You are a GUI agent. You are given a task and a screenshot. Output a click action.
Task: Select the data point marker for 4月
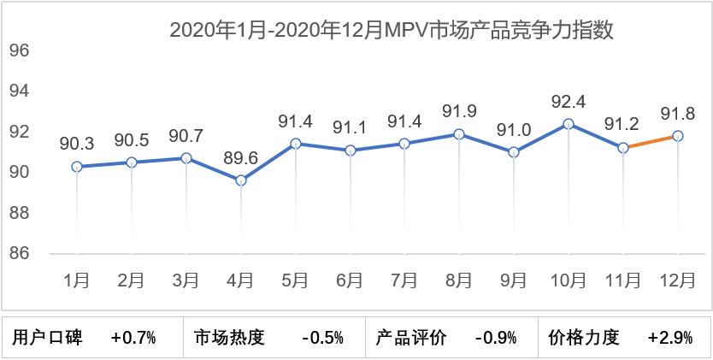coord(241,180)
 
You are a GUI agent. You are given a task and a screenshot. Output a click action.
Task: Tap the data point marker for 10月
coord(569,124)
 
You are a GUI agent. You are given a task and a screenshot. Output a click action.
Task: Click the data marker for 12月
coord(677,136)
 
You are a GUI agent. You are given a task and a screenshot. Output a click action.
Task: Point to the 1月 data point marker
coord(77,167)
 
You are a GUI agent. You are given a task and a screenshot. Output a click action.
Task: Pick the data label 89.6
coord(241,158)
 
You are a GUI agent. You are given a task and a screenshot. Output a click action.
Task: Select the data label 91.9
coord(459,111)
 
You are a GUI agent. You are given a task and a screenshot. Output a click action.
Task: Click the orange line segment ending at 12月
coord(651,142)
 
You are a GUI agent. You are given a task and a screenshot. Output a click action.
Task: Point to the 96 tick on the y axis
coord(20,50)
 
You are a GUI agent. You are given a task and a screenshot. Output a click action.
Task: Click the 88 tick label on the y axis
coord(20,213)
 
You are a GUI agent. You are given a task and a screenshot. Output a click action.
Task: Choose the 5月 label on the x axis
coord(296,280)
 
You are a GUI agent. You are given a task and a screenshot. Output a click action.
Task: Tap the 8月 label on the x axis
coord(459,280)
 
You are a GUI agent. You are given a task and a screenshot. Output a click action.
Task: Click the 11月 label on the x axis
coord(623,280)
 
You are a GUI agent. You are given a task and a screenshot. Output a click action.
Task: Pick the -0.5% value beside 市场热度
coord(322,338)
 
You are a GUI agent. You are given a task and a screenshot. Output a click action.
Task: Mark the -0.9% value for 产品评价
coord(496,338)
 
